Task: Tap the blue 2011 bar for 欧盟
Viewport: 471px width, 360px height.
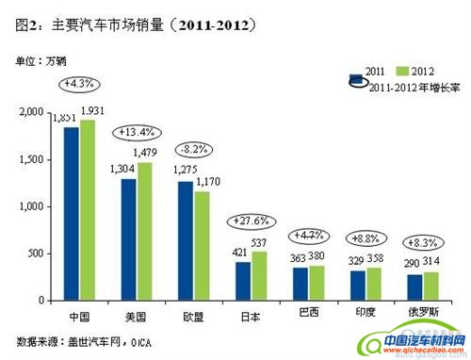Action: [x=186, y=240]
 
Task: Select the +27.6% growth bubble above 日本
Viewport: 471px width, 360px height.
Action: [x=250, y=221]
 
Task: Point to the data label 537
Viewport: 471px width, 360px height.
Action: [x=262, y=242]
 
